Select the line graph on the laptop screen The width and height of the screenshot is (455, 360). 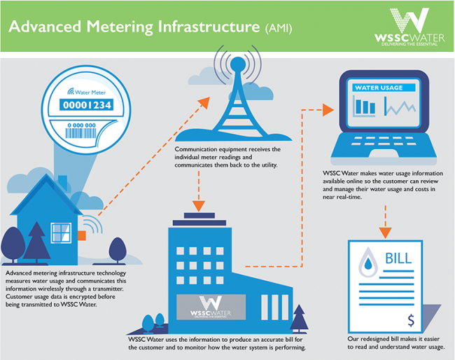[x=399, y=106]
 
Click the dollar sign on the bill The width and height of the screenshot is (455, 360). [x=412, y=321]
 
